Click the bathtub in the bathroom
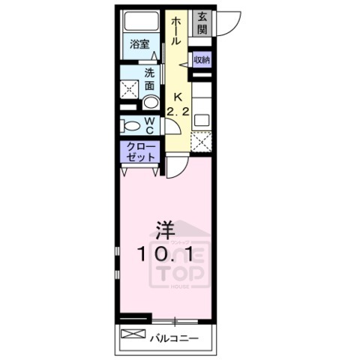pos(139,22)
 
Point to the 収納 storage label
pos(201,59)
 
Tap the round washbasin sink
pos(149,104)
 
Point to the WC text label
pos(149,124)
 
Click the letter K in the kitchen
pos(178,97)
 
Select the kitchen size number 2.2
pos(178,112)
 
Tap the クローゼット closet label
pos(139,152)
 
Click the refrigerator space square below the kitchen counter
pos(201,141)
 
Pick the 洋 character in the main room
pos(166,228)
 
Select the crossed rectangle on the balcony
pos(133,333)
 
